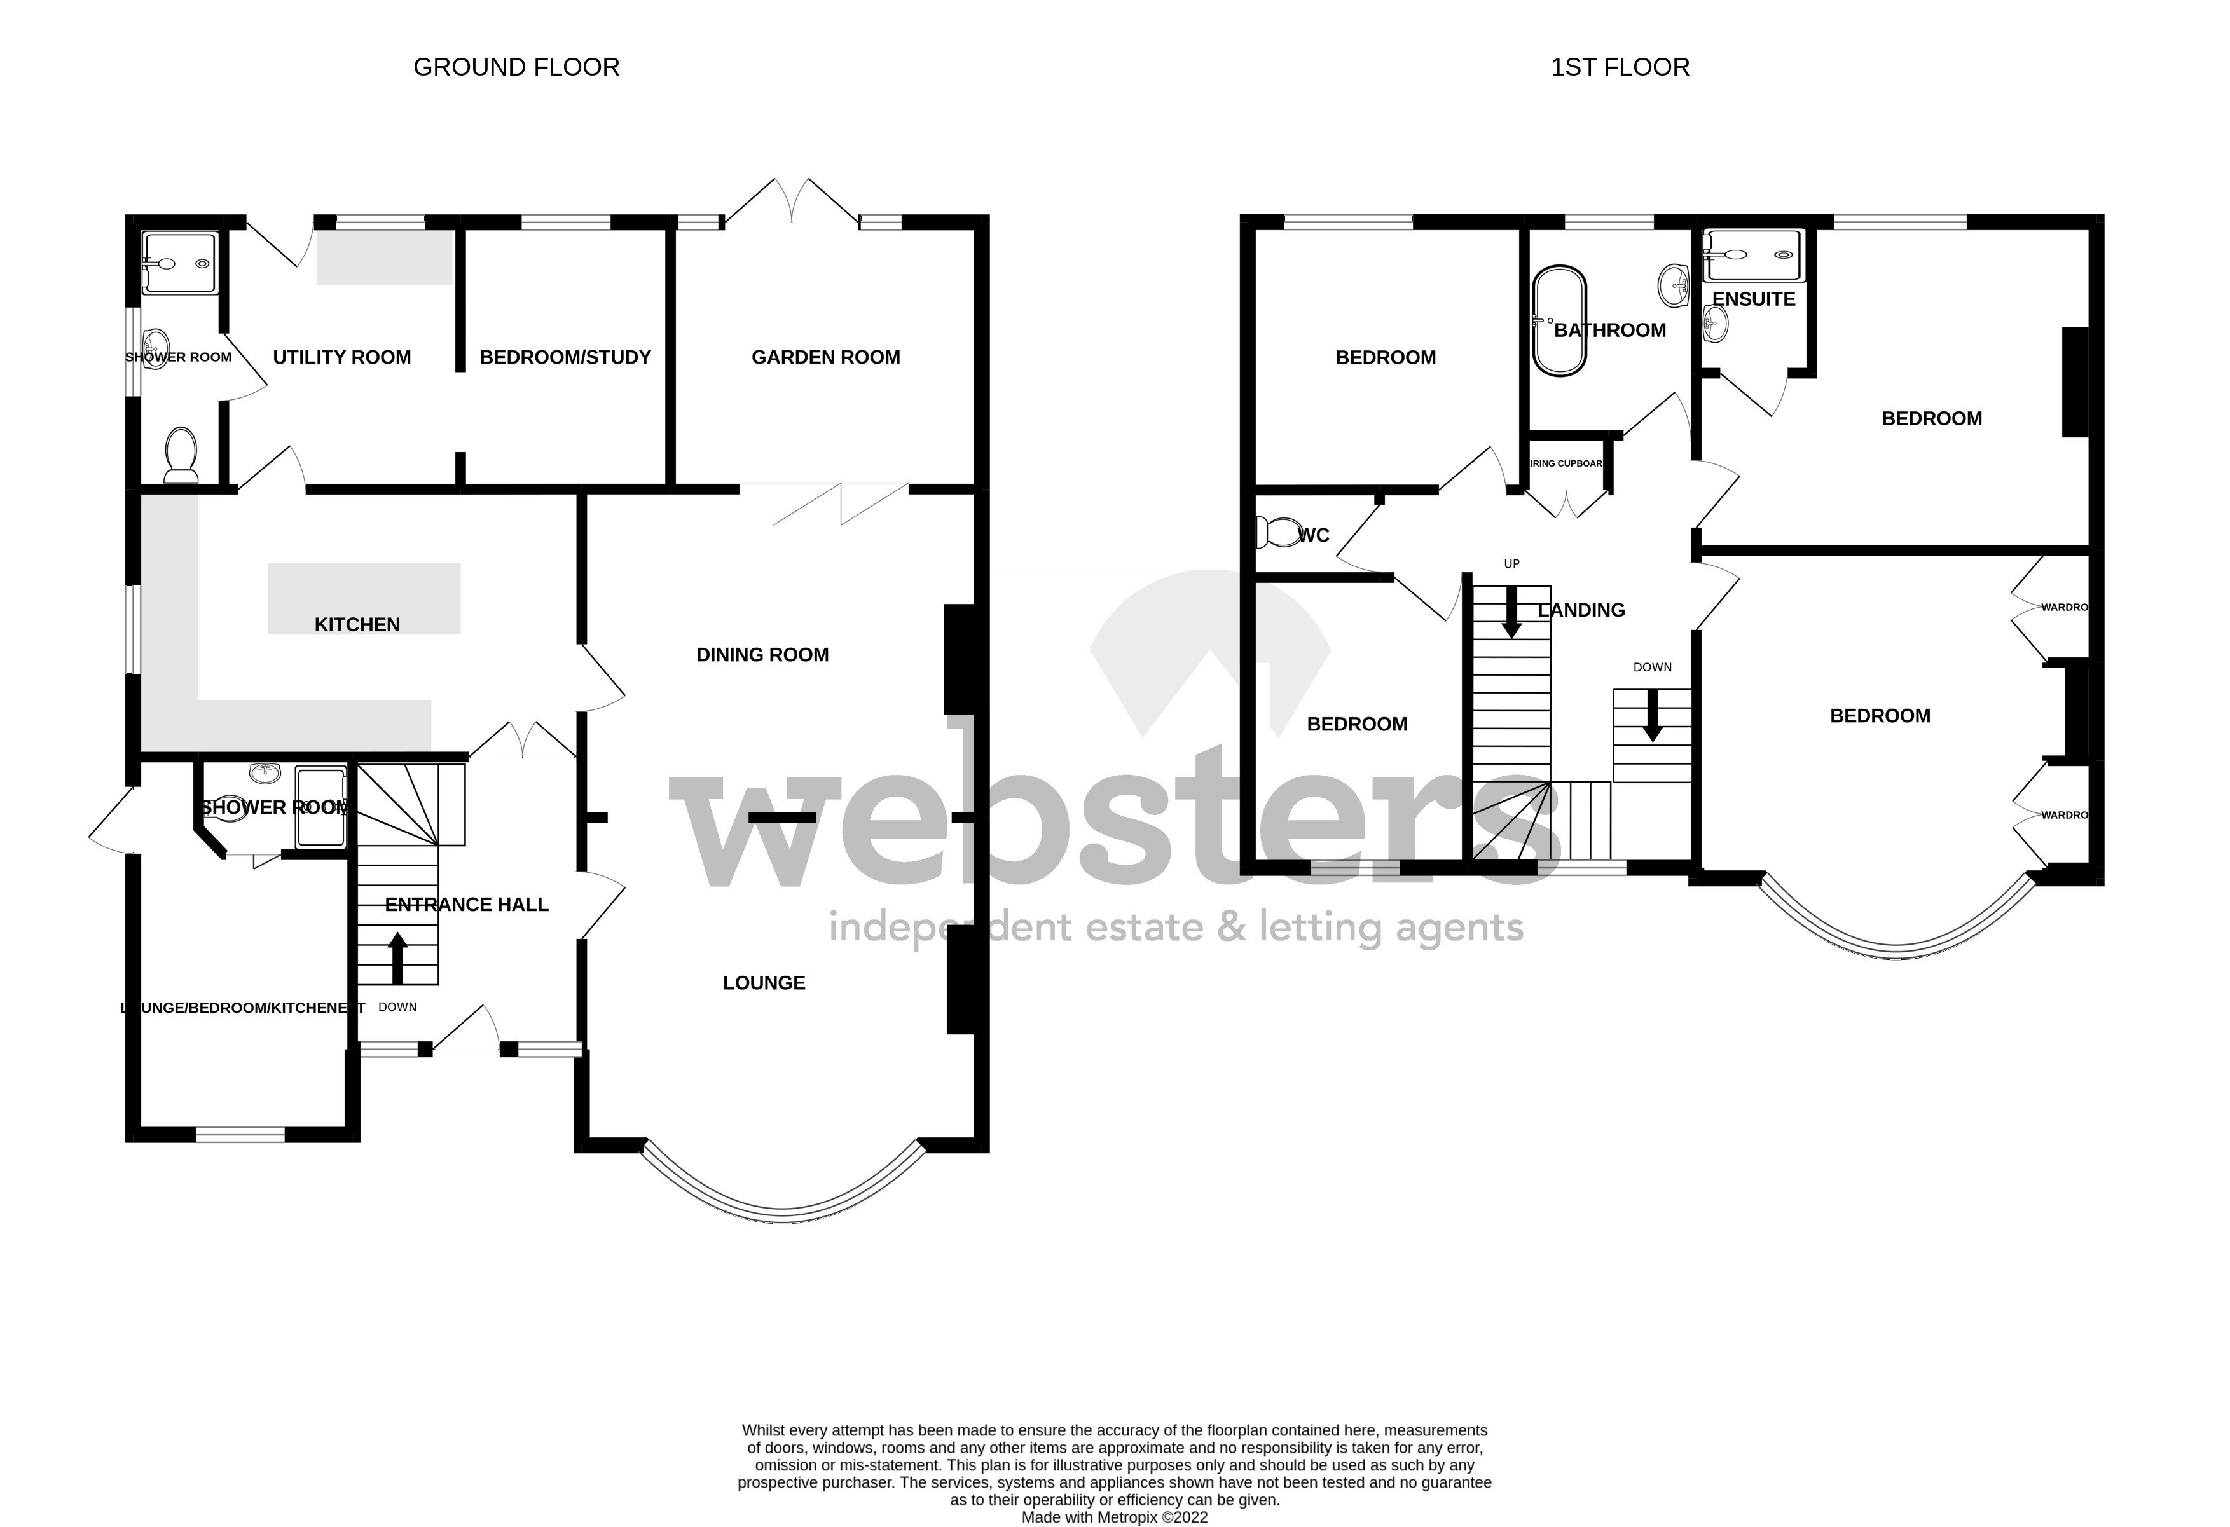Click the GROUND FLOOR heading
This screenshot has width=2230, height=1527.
click(x=516, y=67)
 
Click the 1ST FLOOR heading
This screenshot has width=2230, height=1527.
click(x=1620, y=67)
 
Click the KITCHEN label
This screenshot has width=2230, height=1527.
click(x=357, y=624)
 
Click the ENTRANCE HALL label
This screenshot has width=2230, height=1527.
click(x=466, y=905)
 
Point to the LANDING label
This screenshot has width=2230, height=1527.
click(x=1581, y=610)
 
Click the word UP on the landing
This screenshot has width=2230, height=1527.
click(x=1511, y=564)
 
